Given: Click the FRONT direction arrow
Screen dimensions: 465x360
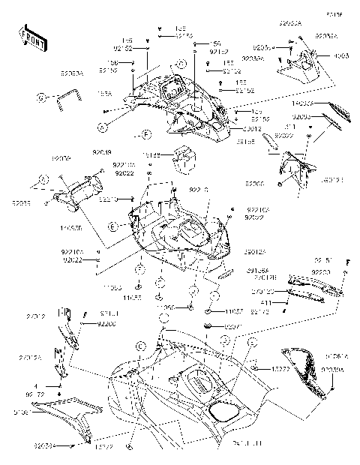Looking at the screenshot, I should [x=33, y=37].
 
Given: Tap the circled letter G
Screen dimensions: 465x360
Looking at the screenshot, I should [x=43, y=97].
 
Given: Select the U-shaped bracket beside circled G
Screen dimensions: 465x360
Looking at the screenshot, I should [x=70, y=97].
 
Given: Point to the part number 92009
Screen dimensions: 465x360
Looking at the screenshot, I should [x=61, y=158].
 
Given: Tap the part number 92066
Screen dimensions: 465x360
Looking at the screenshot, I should [x=254, y=182].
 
